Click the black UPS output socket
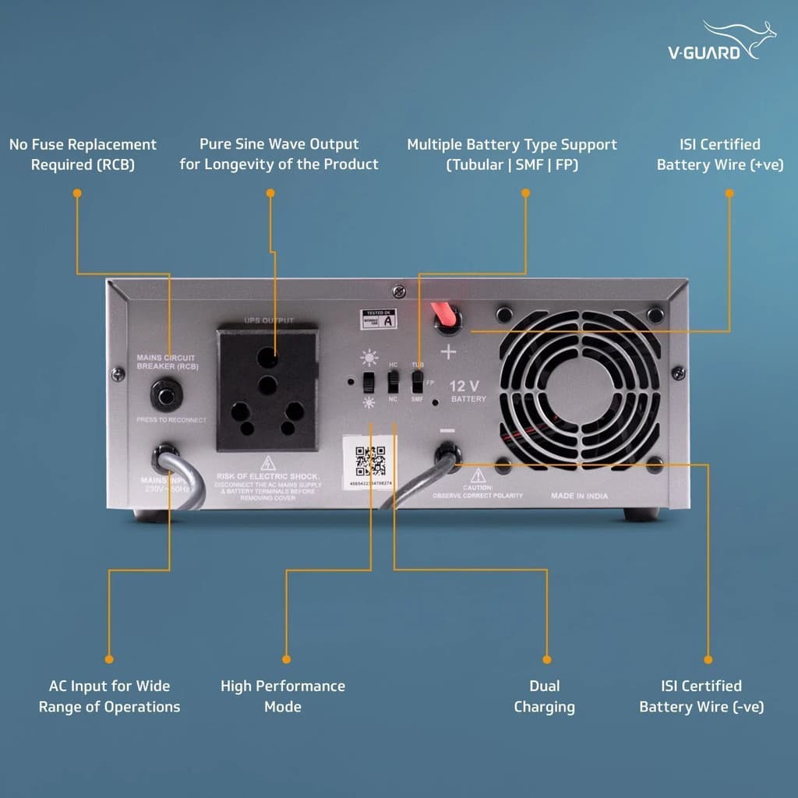(267, 389)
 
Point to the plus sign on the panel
(448, 351)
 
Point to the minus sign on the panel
(447, 429)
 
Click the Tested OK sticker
(378, 317)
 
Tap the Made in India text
(579, 496)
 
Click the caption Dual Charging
(544, 696)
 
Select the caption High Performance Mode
(282, 696)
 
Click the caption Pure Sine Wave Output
(279, 154)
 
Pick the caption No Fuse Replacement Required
(83, 154)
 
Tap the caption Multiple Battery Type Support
(512, 154)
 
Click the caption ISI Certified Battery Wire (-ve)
(701, 696)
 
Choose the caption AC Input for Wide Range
(109, 696)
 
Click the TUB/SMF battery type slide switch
(418, 381)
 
